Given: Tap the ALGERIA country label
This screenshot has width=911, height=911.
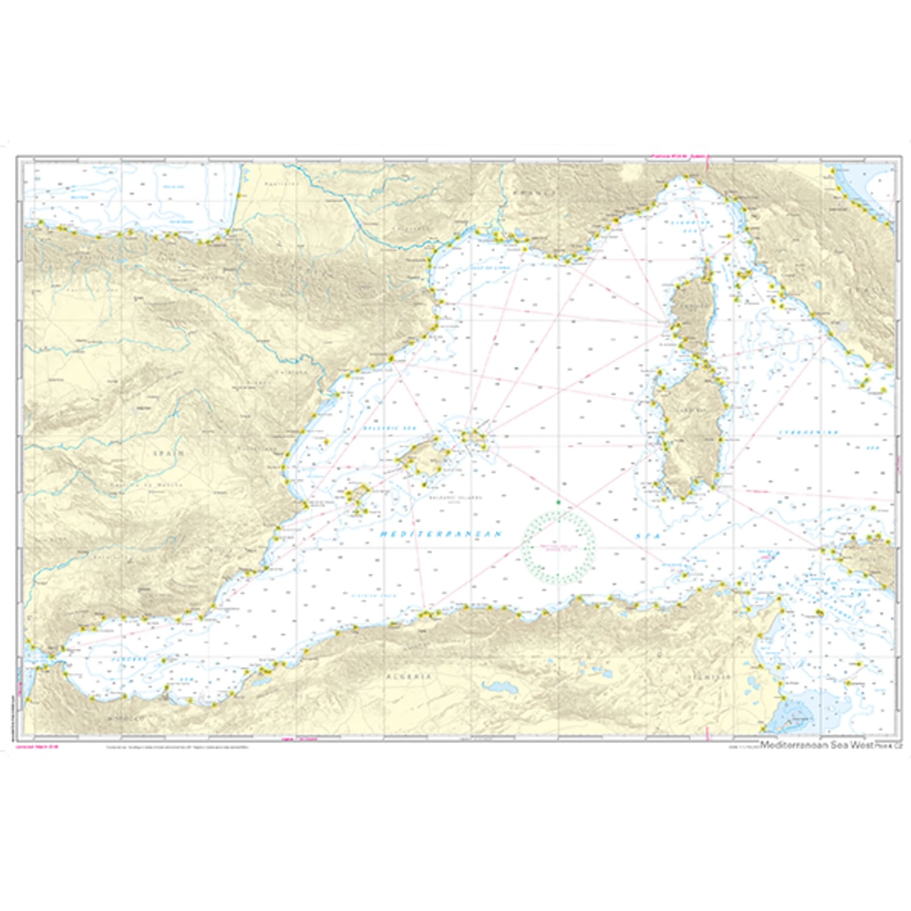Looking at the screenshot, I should [x=409, y=676].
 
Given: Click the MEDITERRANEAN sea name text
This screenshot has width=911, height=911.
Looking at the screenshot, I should [x=441, y=534].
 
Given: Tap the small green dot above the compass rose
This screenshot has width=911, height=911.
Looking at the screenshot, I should [x=558, y=502].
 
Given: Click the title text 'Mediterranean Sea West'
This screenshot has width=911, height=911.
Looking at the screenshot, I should [x=816, y=745].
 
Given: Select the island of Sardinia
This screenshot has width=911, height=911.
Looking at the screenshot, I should [x=692, y=437].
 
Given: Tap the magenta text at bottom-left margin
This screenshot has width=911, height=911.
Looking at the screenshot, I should [x=38, y=746].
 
